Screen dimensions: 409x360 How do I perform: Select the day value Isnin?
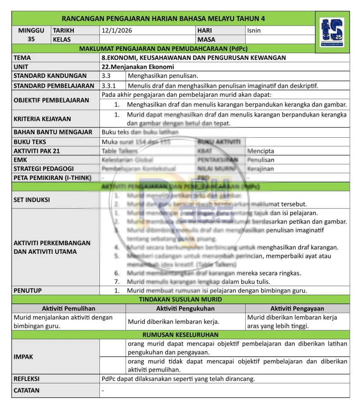pos(254,31)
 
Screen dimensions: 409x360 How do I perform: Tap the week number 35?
pos(31,39)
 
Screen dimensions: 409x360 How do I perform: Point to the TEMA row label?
pos(22,58)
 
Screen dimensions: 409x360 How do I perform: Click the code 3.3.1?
pos(108,85)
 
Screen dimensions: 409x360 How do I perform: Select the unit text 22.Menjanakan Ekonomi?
pos(138,67)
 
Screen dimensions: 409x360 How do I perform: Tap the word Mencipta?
pos(261,151)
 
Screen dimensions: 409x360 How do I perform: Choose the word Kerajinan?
pos(261,169)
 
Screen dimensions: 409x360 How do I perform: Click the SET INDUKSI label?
pos(31,200)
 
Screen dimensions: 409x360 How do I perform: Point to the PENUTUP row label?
pos(27,291)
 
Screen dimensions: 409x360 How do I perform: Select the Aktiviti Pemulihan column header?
pos(68,309)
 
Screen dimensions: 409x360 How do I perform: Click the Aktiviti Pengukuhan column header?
pos(185,309)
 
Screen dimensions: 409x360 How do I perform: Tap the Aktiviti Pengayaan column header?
pos(297,309)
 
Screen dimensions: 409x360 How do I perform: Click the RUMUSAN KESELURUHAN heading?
pos(180,335)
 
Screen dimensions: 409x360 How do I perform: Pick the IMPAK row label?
pos(23,357)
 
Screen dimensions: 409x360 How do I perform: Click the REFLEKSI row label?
pos(27,379)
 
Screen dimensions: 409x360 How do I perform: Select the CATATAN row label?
pos(27,391)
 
